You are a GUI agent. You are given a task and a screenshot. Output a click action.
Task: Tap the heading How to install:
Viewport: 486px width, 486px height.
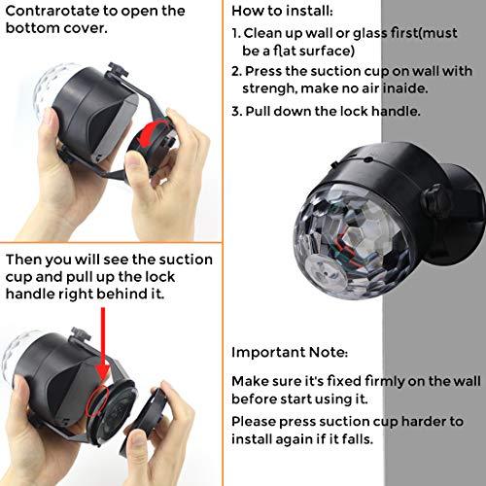[282, 11]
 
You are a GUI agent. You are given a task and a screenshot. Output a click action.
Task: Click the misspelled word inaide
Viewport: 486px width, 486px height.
[404, 88]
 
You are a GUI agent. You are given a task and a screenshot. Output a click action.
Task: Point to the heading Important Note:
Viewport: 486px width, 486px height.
[290, 352]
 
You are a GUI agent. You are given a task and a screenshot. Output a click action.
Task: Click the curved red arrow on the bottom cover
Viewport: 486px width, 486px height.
[152, 134]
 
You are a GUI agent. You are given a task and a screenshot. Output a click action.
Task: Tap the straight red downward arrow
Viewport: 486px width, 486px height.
[103, 344]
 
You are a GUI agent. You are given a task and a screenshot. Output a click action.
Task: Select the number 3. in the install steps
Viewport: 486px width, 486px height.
[236, 112]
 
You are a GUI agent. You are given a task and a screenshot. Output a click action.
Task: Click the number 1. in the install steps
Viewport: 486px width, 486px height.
[236, 33]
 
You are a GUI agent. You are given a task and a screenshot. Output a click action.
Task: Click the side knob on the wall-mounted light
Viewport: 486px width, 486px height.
[435, 199]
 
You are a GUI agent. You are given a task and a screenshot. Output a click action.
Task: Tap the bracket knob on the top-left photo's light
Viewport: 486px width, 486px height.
[118, 70]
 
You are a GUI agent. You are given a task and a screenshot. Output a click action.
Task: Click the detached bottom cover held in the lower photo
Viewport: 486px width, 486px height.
[143, 421]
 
